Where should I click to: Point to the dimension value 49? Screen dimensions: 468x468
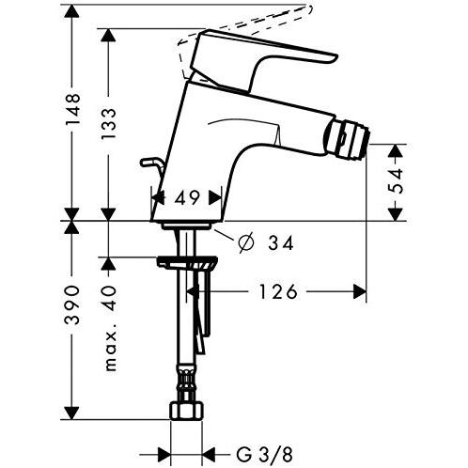coord(187,198)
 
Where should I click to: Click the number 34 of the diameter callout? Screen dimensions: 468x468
coord(280,243)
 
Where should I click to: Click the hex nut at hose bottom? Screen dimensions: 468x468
coord(186,412)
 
